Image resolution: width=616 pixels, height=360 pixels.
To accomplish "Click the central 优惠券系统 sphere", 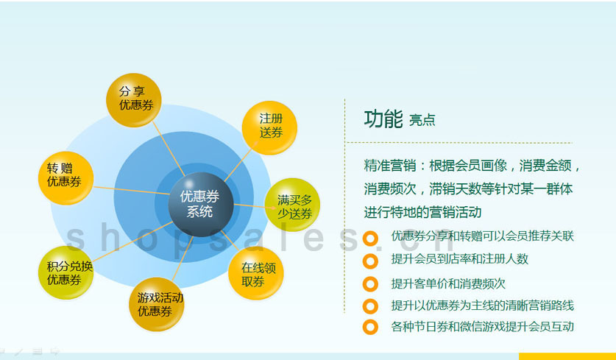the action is [x=201, y=205].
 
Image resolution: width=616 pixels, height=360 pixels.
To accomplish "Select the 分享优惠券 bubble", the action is [x=133, y=100].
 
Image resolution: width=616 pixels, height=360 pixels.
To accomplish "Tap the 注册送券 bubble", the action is [x=269, y=127].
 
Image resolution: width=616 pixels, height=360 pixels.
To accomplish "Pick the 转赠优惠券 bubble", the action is [x=66, y=178].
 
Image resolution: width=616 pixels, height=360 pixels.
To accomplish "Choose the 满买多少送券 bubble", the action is [x=293, y=205].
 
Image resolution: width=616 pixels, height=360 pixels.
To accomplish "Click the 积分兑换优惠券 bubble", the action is [x=66, y=272].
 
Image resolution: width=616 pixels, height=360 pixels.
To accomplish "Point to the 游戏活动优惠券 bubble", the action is [x=156, y=304].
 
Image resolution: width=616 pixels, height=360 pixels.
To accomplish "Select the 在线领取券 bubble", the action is [x=256, y=273].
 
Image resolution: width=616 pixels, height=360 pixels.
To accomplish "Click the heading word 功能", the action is [x=383, y=119].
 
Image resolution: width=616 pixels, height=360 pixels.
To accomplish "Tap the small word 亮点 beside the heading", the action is [x=422, y=120].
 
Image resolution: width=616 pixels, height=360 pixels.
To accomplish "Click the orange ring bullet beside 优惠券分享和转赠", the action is [x=370, y=239].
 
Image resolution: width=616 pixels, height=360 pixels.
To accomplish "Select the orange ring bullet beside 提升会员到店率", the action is [x=370, y=261].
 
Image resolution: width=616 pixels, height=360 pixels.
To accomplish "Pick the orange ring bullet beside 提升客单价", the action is [x=370, y=283].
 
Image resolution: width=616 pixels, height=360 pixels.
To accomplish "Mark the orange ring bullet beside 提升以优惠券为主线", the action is [x=370, y=306].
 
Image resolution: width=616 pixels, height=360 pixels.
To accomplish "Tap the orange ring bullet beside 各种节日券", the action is [x=370, y=327].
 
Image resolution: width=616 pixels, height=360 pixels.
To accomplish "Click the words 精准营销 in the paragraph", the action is [x=390, y=166].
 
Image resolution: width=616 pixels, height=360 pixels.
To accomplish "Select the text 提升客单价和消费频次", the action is [x=448, y=283].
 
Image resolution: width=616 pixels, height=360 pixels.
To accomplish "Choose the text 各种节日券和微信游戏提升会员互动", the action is [x=483, y=327].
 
